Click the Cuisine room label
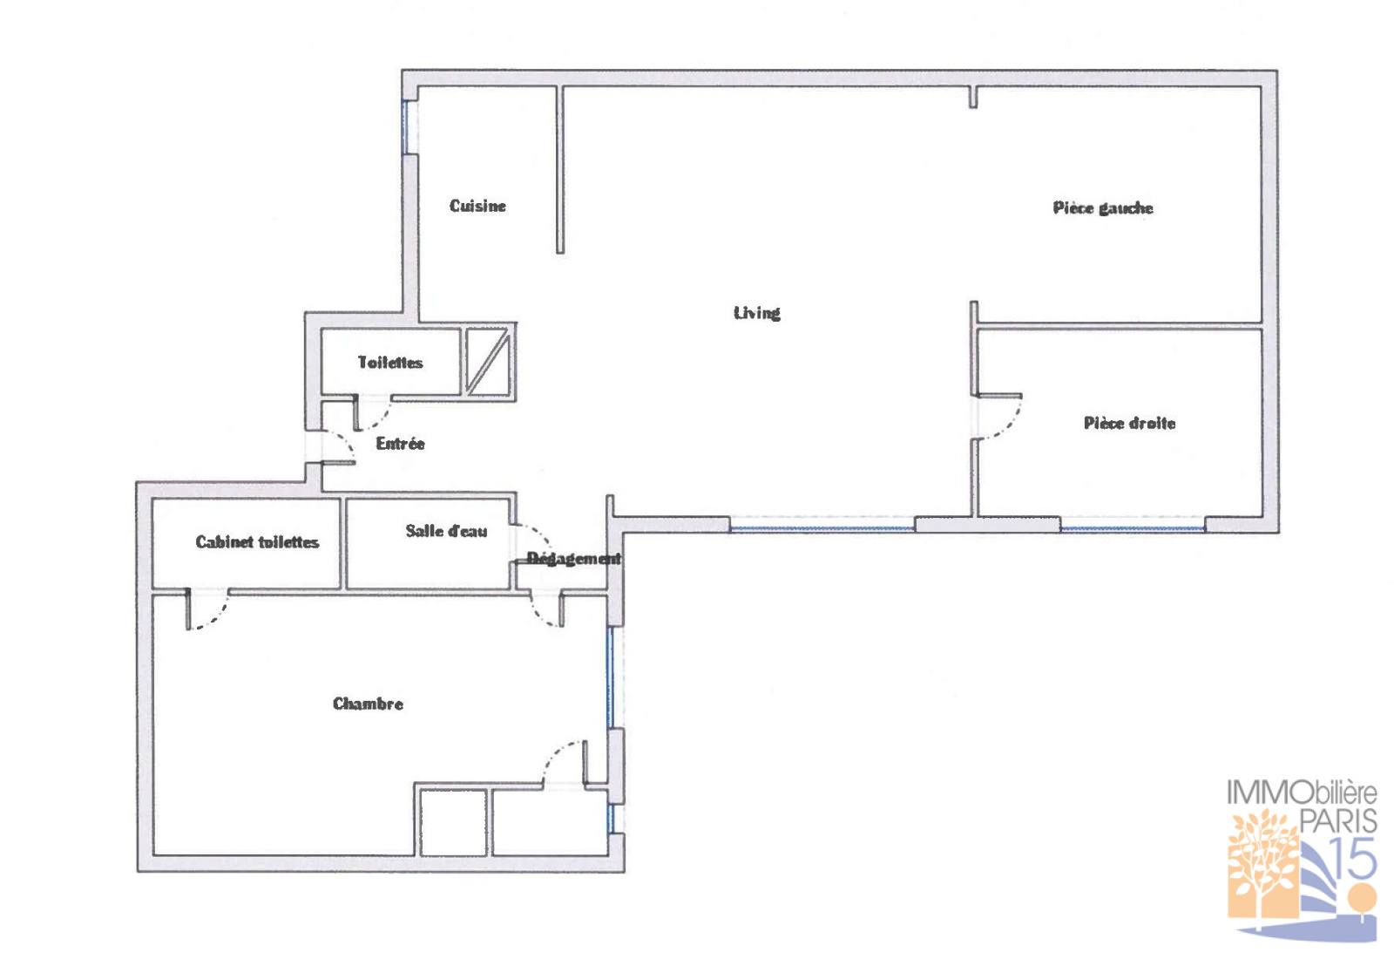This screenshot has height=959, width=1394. pos(477,206)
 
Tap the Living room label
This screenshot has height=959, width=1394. pos(757,313)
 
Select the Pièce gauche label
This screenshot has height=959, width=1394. pos(1103,208)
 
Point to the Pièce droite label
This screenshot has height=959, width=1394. pos(1129,424)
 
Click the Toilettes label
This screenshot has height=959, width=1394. pos(390,363)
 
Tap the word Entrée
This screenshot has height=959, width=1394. pos(400,444)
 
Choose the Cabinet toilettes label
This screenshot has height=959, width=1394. pos(257,541)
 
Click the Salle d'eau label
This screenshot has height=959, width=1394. pos(446,531)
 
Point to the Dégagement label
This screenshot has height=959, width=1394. pos(574,559)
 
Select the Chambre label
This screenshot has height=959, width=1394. pos(368,704)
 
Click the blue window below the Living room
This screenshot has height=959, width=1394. pos(822,528)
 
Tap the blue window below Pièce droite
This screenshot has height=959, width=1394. pos(1133,528)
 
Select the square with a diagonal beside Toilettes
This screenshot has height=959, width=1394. pos(489,362)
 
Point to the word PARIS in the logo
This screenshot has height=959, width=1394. pos(1338,820)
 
